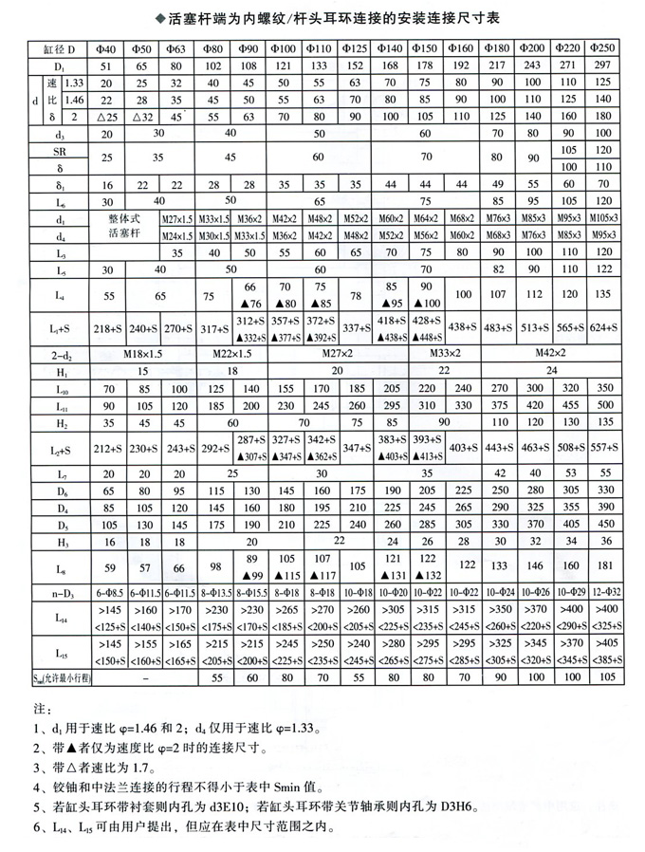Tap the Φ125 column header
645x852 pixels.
coord(355,47)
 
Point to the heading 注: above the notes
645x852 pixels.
coord(39,709)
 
